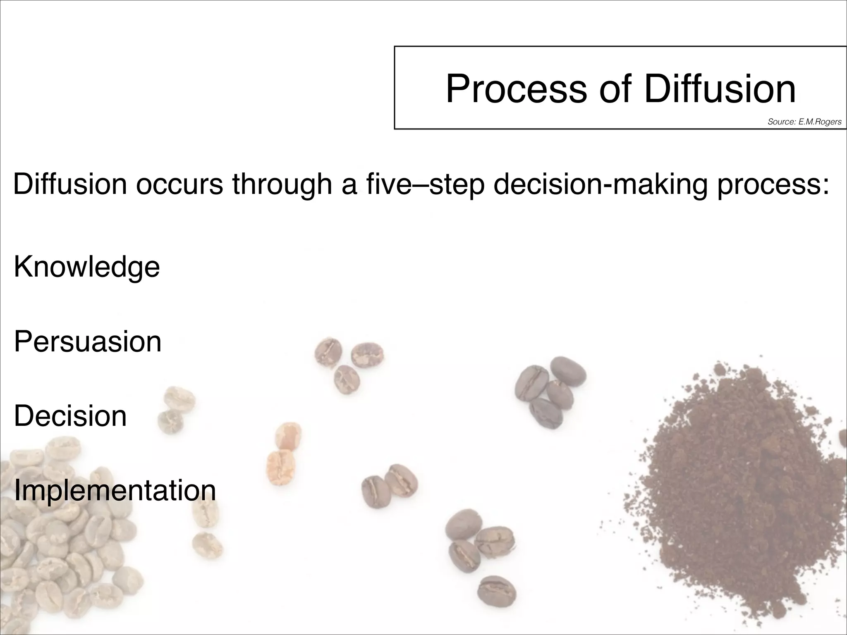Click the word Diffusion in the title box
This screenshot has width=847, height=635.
point(720,89)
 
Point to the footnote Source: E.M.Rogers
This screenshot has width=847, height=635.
point(804,122)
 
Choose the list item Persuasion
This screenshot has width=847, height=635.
point(88,342)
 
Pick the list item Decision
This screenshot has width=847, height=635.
point(70,416)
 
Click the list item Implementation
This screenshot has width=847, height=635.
point(115,491)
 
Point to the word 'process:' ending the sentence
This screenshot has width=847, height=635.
point(773,185)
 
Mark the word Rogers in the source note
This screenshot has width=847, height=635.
point(829,122)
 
